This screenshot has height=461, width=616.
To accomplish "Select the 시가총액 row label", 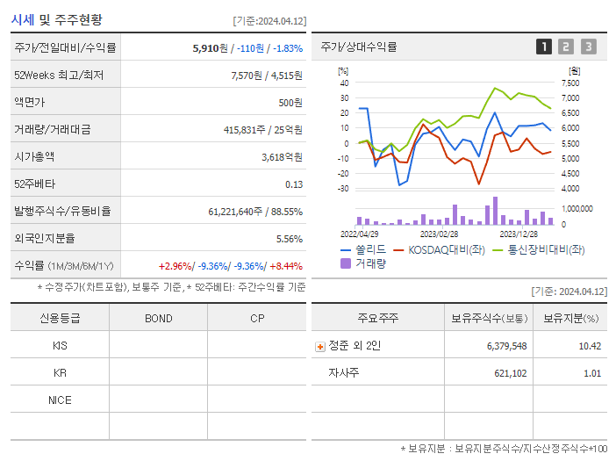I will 34,156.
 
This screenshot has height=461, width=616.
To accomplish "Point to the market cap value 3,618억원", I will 282,156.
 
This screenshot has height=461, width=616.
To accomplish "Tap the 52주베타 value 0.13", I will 294,184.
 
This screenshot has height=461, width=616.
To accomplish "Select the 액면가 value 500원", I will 290,102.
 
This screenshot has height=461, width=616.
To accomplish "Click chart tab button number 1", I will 544,47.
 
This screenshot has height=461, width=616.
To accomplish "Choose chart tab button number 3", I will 588,47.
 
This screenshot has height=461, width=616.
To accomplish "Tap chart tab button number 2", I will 566,47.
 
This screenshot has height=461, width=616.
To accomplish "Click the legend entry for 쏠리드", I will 363,249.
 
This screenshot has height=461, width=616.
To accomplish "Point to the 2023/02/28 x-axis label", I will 439,234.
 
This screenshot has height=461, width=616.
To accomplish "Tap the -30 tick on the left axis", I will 344,188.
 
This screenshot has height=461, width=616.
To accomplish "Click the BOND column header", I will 158,318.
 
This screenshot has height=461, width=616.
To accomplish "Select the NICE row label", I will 60,400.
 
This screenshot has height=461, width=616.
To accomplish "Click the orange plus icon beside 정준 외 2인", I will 320,346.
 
